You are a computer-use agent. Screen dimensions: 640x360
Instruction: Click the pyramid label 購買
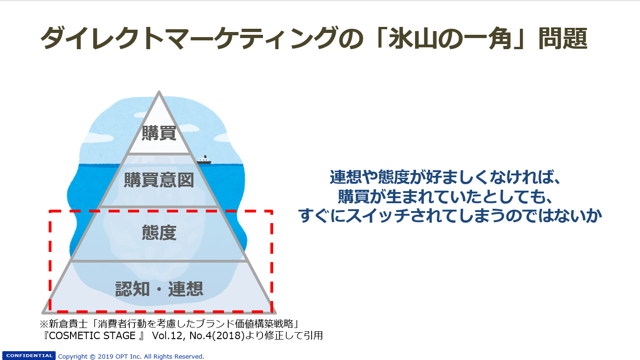point(159,133)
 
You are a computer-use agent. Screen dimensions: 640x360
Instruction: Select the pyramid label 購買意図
point(159,180)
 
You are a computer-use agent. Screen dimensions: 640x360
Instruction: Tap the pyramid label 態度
point(159,232)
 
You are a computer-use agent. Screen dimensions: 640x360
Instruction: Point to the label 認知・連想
point(159,289)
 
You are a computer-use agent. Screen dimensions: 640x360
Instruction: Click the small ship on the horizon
point(204,161)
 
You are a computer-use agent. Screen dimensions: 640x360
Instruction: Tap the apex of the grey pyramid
point(159,91)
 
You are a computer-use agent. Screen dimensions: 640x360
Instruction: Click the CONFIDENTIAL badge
point(29,356)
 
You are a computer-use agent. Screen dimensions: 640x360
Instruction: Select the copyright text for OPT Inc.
point(131,356)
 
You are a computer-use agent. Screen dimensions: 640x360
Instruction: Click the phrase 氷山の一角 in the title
point(453,39)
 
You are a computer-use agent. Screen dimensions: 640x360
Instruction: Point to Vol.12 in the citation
point(166,335)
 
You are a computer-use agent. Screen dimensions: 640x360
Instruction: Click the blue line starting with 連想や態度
point(445,177)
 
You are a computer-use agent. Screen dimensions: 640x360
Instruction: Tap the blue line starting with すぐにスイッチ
point(450,215)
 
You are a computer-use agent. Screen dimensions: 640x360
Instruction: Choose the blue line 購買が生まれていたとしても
point(445,196)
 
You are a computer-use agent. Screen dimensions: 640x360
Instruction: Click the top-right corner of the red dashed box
point(272,211)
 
